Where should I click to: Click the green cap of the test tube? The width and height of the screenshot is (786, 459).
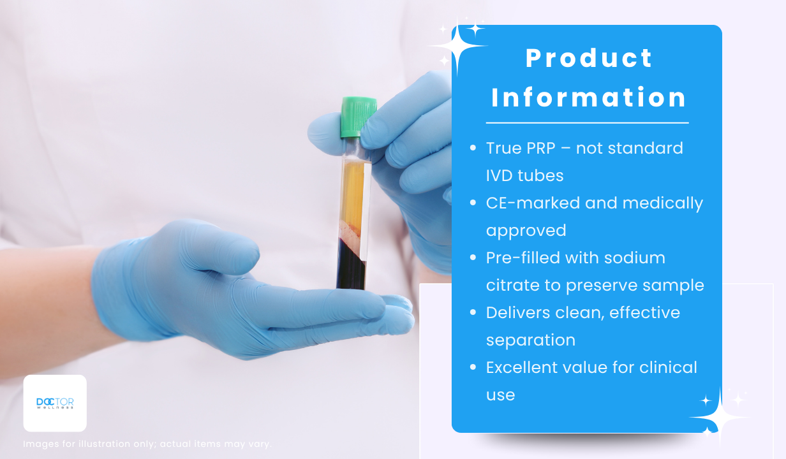359,117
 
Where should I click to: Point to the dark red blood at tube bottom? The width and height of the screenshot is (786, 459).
351,266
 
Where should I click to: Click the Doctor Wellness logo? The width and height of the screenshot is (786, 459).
55,404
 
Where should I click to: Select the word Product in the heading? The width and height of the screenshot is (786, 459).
589,58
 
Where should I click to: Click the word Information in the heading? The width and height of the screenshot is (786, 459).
588,97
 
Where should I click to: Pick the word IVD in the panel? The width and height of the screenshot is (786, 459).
500,175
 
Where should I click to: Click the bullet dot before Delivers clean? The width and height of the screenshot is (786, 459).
473,312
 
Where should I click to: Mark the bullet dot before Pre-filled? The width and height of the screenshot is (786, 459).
473,258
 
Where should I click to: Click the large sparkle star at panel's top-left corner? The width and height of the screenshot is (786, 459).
457,46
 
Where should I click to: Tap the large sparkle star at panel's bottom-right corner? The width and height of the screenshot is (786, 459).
720,418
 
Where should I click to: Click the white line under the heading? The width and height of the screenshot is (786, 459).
588,123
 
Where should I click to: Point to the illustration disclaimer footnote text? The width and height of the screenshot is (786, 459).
147,444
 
